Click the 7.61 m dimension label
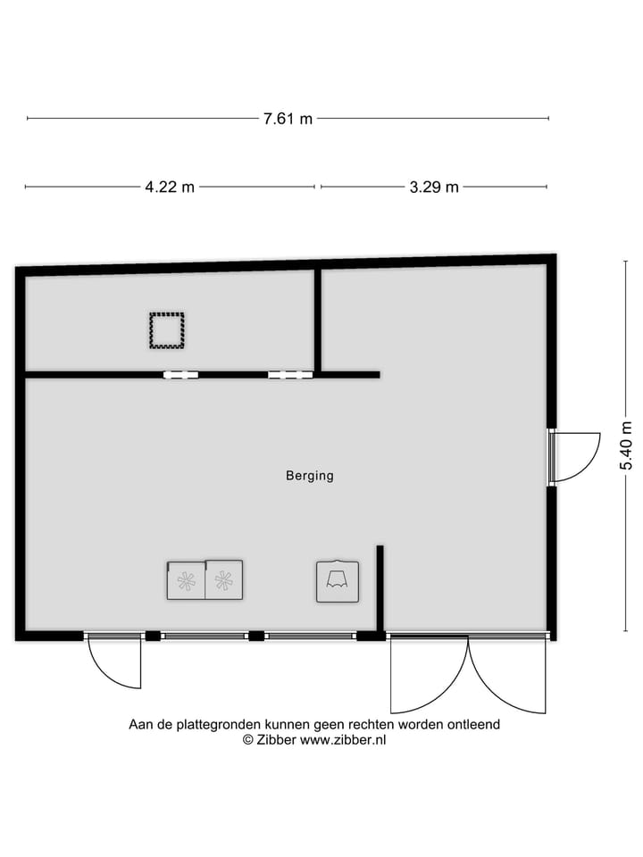[288, 119]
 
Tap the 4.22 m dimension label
[170, 187]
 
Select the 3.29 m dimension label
[434, 187]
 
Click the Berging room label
[309, 476]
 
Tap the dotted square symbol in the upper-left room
[166, 330]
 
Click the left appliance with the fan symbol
[186, 580]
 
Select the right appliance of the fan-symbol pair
[223, 580]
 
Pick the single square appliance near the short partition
[338, 581]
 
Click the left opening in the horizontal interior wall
[180, 375]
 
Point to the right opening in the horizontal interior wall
[284, 375]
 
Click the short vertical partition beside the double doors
[380, 589]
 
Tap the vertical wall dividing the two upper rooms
[317, 320]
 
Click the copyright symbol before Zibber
[248, 739]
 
